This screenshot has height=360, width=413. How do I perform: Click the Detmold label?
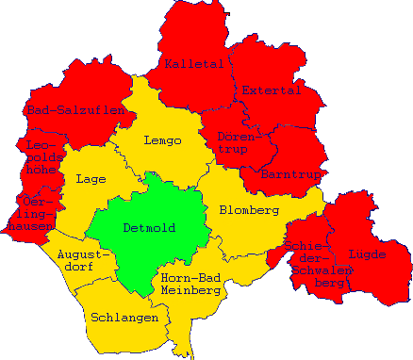[149, 227]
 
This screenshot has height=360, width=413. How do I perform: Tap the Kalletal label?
[193, 64]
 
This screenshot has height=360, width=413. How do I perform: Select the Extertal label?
[271, 90]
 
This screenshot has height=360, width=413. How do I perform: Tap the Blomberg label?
[249, 209]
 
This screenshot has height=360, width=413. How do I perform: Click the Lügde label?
[367, 254]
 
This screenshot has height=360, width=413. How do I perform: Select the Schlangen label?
[124, 318]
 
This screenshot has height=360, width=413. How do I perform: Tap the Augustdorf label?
[85, 262]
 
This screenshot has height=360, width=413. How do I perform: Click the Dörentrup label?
[237, 143]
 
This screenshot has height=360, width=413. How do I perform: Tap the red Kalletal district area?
[193, 38]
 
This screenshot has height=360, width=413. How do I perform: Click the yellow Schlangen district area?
[123, 335]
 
